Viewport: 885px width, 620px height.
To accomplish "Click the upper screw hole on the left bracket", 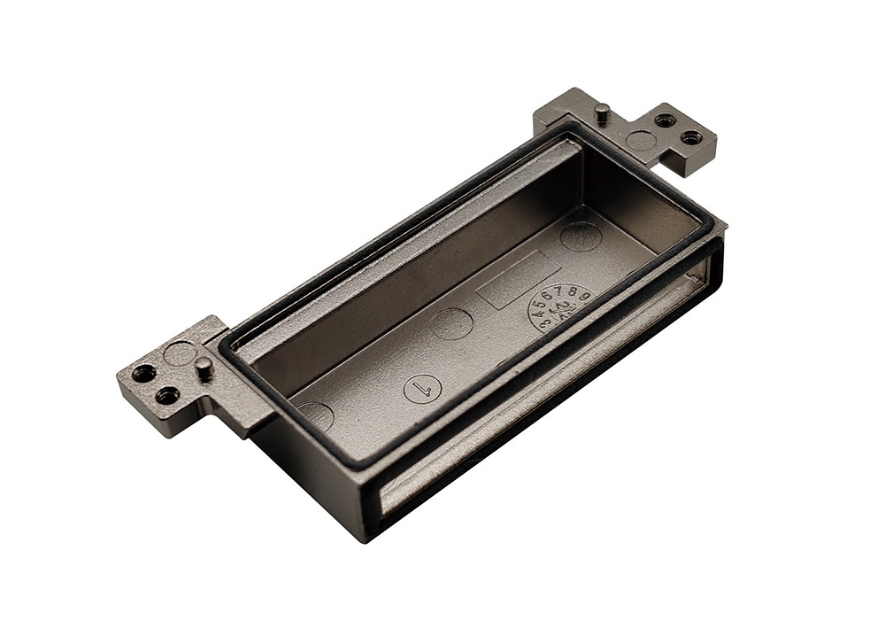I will coord(143,373).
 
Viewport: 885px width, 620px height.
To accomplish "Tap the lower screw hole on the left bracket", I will coord(167,395).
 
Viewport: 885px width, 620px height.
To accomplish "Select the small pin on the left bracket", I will coord(204,368).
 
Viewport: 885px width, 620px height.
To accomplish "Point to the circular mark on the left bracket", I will coord(180,353).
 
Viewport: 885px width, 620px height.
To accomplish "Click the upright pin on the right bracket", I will coord(602,113).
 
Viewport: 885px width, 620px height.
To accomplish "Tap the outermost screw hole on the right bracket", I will coord(691,137).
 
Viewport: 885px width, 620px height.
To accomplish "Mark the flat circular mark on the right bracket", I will coord(641,140).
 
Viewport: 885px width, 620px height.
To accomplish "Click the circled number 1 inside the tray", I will coord(422,388).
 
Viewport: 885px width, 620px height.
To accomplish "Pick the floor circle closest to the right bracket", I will coord(581,236).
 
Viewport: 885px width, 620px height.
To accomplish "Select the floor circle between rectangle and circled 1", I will coord(452,323).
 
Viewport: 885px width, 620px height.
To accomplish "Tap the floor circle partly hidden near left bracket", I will coord(316,415).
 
